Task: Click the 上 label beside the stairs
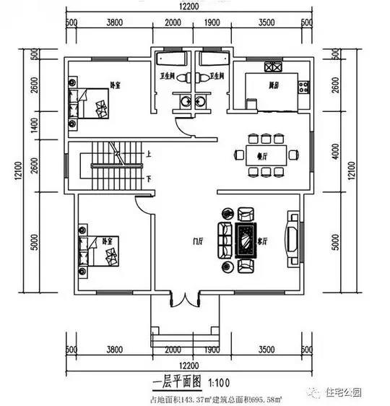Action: pos(147,154)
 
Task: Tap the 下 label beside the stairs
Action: pos(147,178)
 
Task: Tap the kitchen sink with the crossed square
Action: pos(273,69)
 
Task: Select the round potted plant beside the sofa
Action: pos(227,214)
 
